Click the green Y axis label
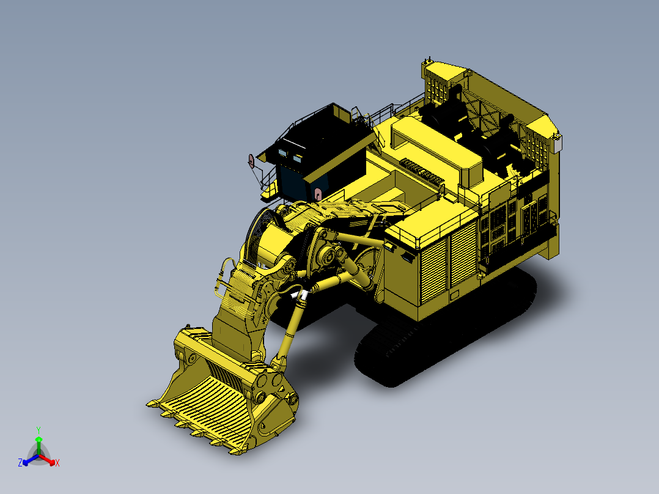38,429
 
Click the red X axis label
57,463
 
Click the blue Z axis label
20,463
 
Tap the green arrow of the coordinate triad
38,441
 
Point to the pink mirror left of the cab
250,160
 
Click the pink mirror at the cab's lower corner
317,194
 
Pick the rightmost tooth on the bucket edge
235,453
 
